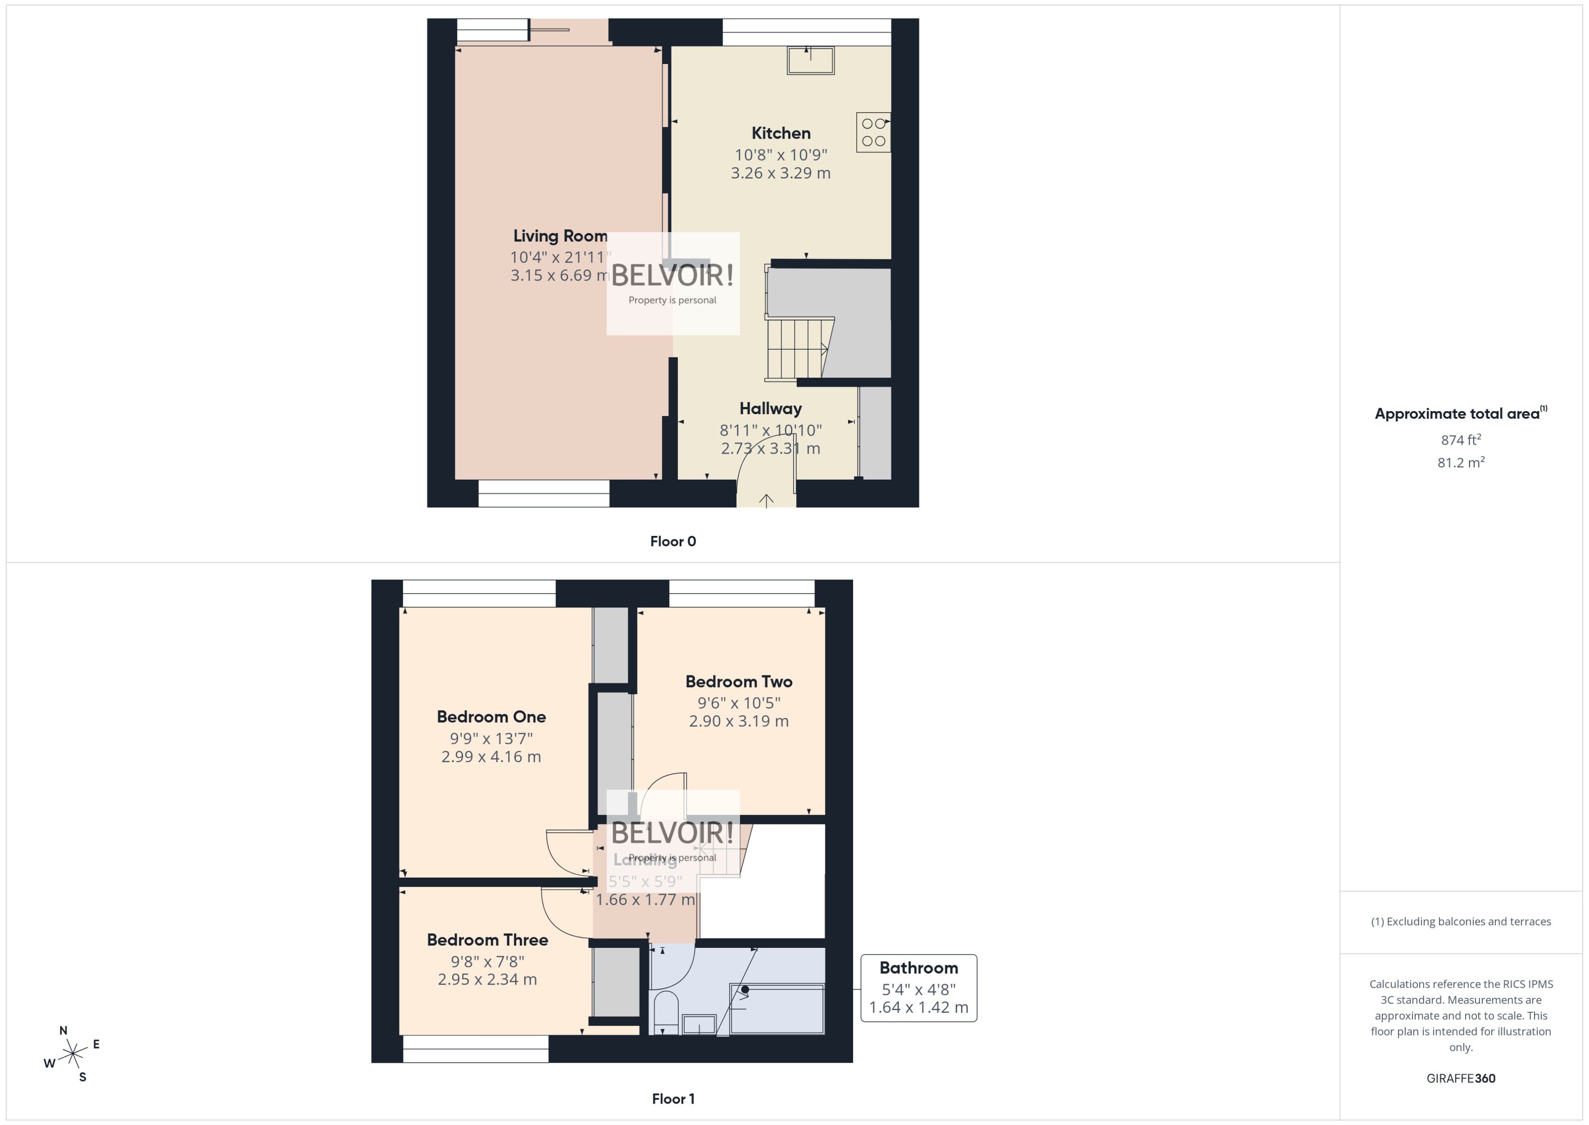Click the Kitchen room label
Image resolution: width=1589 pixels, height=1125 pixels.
[x=780, y=133]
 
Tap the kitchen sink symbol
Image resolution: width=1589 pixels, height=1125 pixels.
[x=810, y=61]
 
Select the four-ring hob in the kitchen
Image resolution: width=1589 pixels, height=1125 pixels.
[x=873, y=132]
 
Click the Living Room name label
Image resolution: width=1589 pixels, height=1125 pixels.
[x=559, y=236]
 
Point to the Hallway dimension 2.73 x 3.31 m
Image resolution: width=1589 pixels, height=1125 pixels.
[x=770, y=448]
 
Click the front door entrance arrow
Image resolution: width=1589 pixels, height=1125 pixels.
[x=766, y=500]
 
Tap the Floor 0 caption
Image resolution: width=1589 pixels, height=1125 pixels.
[x=672, y=541]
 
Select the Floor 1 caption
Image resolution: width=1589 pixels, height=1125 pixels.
[x=672, y=1099]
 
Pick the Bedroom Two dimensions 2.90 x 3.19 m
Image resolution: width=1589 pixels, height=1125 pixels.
[x=738, y=721]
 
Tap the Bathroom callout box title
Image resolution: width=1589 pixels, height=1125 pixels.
[x=918, y=968]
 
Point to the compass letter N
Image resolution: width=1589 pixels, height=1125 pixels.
[x=63, y=1030]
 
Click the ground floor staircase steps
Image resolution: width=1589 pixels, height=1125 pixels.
[x=796, y=348]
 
